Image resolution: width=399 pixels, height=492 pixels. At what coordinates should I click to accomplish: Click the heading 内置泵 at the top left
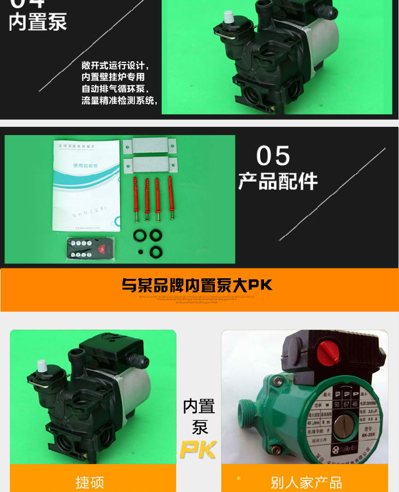point(38,22)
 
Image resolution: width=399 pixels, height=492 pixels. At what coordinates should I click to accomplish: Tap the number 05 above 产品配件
point(273,156)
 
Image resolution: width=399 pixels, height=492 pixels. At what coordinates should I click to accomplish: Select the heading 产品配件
point(278,181)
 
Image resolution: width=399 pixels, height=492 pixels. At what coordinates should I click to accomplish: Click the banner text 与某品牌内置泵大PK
point(197,285)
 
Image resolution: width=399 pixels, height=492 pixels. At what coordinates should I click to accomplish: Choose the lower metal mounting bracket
point(149,164)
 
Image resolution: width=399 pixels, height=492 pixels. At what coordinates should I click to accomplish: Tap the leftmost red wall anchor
point(135,198)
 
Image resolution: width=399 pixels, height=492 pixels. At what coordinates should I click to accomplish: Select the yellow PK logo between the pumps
point(198,449)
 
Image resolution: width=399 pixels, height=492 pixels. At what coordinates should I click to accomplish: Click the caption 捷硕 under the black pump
point(90,482)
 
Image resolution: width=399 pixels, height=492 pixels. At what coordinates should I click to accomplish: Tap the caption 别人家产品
point(306,482)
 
